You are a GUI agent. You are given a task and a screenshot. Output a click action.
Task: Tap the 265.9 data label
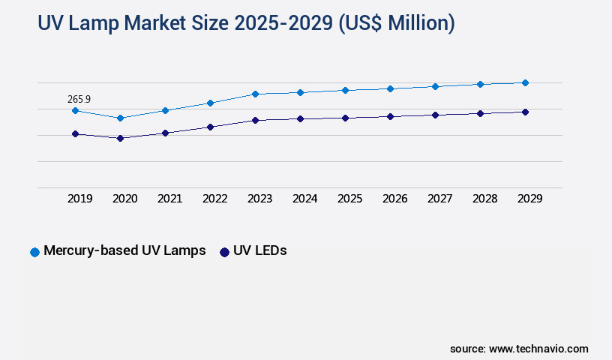click(x=79, y=98)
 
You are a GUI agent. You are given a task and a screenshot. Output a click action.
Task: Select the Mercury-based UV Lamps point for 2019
click(x=75, y=110)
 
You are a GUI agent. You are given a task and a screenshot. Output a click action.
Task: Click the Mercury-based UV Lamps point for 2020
click(x=120, y=118)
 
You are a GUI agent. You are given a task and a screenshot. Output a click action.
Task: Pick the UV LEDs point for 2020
click(x=120, y=138)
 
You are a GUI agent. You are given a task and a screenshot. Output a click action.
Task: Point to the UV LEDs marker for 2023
click(x=255, y=120)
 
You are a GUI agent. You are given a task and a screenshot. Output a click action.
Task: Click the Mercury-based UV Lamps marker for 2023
click(x=255, y=94)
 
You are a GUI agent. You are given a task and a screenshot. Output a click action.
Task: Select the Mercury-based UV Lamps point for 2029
click(x=525, y=82)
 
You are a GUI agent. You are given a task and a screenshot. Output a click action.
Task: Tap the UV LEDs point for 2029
click(x=525, y=112)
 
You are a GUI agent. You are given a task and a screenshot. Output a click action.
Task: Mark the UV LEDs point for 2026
click(x=390, y=116)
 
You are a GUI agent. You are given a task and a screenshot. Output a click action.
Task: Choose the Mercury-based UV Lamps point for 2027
click(x=435, y=86)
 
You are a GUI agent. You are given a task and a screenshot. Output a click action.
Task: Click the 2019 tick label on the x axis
click(x=80, y=199)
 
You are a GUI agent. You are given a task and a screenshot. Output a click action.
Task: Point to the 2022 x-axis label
click(x=215, y=199)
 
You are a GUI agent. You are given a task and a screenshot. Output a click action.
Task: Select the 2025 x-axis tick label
click(x=350, y=199)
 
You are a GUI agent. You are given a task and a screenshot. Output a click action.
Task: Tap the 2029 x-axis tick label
click(x=530, y=199)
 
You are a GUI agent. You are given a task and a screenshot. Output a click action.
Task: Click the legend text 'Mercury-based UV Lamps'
click(x=124, y=251)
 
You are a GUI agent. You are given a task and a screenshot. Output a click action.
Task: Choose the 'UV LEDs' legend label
click(x=260, y=251)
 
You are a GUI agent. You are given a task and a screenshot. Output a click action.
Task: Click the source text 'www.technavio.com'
click(x=538, y=349)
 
